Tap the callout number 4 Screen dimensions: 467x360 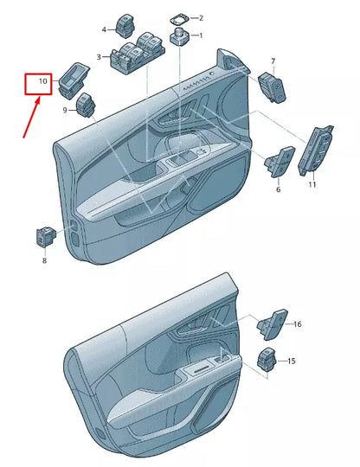105,29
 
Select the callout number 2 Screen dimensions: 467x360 201,17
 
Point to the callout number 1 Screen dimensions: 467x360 201,36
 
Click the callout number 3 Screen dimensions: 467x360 99,58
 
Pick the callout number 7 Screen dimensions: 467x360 273,61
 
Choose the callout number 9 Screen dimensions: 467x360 64,111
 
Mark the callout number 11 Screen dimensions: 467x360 312,185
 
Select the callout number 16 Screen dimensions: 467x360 297,324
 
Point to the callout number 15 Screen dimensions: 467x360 292,361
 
